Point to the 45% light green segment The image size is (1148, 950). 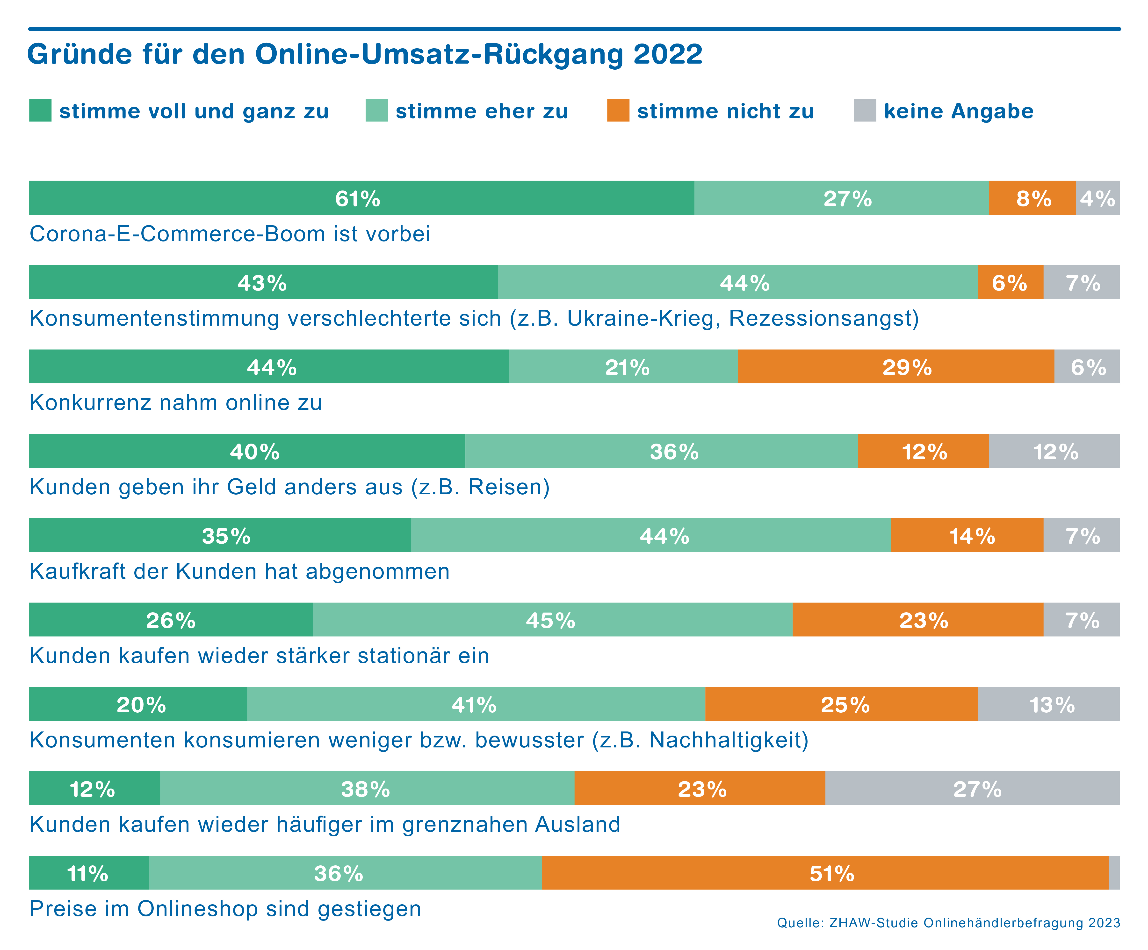click(x=552, y=620)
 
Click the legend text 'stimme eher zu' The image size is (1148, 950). click(x=482, y=111)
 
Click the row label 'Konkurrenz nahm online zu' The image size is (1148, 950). click(x=175, y=402)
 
